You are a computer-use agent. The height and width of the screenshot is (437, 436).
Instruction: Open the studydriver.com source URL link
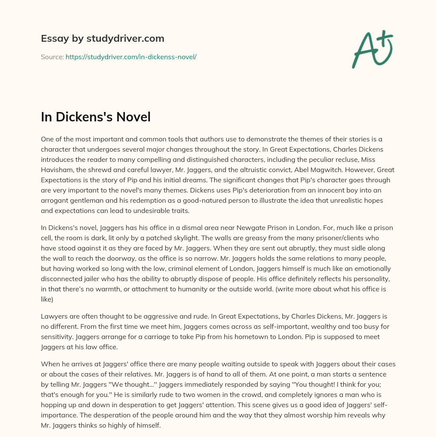tap(131, 57)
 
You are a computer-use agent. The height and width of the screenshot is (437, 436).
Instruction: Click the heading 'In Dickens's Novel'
tap(96, 117)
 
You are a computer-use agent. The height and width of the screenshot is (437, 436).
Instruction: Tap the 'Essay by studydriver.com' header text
tap(102, 38)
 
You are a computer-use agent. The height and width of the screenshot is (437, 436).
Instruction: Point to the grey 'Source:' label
tap(52, 57)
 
